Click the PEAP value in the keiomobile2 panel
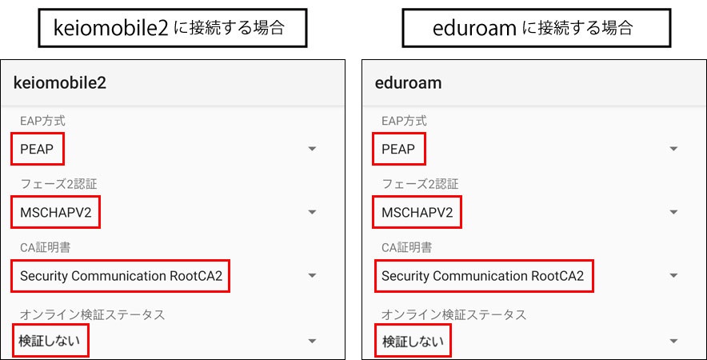coord(38,149)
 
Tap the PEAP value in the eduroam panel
coord(398,149)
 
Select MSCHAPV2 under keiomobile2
coord(56,213)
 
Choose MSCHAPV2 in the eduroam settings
coord(417,213)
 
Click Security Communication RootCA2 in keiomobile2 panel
coord(121,276)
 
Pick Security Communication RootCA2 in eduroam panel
coord(482,276)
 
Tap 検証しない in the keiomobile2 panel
coord(50,341)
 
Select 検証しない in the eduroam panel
coord(411,341)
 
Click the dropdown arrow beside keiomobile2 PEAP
coord(313,149)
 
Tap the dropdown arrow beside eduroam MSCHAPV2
coord(673,213)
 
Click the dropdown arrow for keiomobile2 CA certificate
coord(313,276)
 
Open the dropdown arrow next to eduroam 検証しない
coord(673,341)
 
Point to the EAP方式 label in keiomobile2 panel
coord(42,121)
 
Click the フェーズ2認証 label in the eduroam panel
coord(420,185)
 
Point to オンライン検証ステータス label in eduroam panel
coord(454,314)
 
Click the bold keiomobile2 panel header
coord(60,82)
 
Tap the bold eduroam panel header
coord(408,82)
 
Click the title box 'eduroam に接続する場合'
coord(536,29)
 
